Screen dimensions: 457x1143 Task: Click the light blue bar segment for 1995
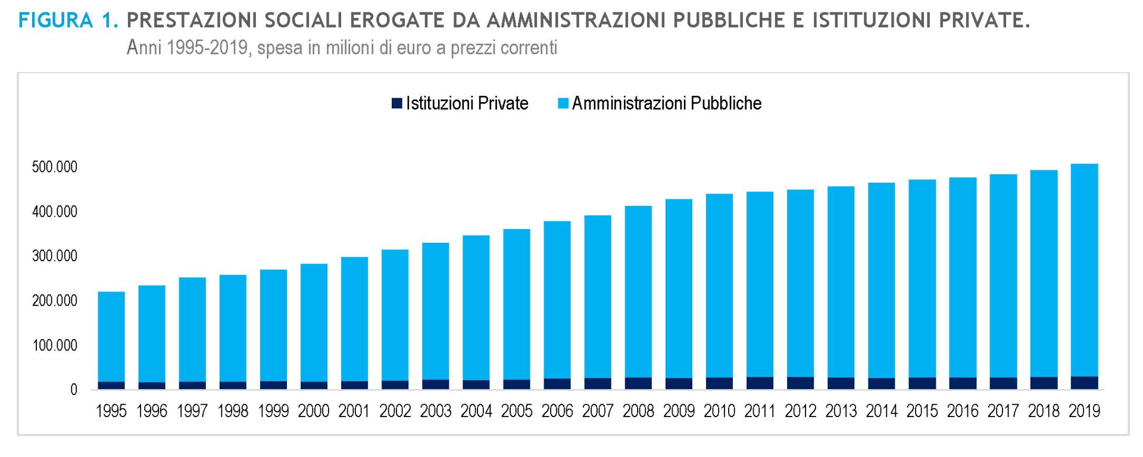[x=111, y=336]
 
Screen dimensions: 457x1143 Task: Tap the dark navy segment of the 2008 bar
[x=638, y=384]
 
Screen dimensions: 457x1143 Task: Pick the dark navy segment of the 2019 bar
[x=1084, y=383]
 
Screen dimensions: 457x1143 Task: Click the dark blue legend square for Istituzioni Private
[x=397, y=104]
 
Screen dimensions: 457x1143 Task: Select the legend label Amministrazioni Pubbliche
[x=667, y=104]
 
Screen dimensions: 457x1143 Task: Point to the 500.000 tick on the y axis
[x=55, y=167]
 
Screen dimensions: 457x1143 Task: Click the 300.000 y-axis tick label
[x=55, y=256]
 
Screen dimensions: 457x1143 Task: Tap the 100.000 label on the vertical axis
[x=55, y=346]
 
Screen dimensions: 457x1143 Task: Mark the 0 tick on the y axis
[x=74, y=390]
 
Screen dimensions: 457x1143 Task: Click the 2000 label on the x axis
[x=314, y=411]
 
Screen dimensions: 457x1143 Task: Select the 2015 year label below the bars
[x=922, y=411]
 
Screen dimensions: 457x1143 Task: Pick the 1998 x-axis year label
[x=233, y=411]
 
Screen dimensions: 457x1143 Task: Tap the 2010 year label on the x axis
[x=719, y=411]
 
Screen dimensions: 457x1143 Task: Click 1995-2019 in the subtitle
[x=207, y=48]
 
